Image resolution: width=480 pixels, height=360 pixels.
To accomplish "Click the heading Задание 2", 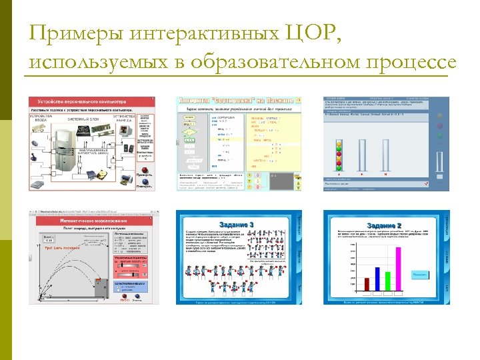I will click(x=381, y=225).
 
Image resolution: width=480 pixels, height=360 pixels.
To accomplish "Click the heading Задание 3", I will click(x=235, y=225).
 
